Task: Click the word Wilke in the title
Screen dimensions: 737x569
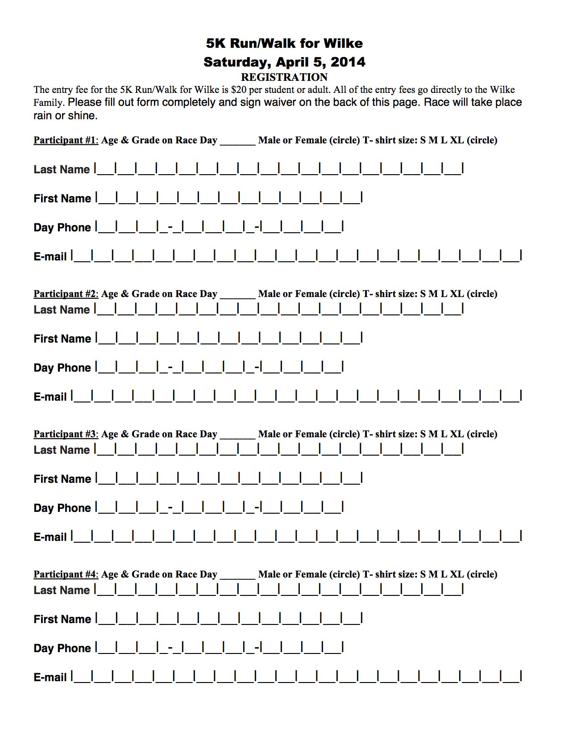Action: coord(343,43)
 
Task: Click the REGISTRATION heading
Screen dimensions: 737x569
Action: coord(284,77)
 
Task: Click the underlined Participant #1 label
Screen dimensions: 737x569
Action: coord(65,140)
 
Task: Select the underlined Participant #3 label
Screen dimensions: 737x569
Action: coord(65,434)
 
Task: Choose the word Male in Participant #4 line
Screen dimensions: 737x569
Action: coord(269,574)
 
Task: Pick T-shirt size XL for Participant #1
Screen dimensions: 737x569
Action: coord(457,140)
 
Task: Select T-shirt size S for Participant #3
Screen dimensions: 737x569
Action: coord(423,434)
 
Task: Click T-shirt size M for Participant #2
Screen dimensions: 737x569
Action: coord(433,294)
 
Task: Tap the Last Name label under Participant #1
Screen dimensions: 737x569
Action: coord(62,170)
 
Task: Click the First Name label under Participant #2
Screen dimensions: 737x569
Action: coord(62,339)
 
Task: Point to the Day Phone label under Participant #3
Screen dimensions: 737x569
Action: coord(62,508)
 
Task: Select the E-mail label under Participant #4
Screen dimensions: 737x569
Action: coord(50,678)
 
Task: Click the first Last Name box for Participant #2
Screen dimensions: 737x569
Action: coord(106,309)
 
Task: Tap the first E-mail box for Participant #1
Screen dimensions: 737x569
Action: coord(82,256)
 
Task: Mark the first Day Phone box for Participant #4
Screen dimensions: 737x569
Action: coord(106,648)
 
